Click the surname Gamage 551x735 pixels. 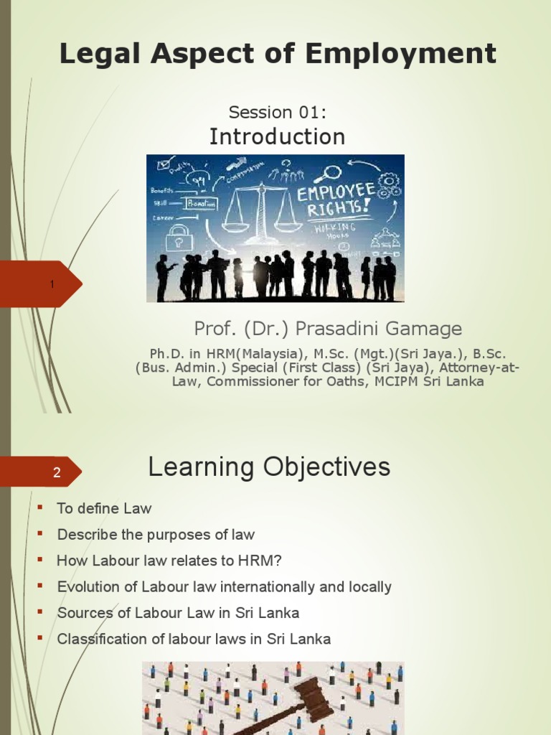(x=425, y=329)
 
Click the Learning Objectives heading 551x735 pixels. (x=269, y=467)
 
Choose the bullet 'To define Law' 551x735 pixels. (x=104, y=508)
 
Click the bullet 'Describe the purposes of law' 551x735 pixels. (x=156, y=535)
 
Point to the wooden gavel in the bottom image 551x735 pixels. (x=301, y=700)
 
